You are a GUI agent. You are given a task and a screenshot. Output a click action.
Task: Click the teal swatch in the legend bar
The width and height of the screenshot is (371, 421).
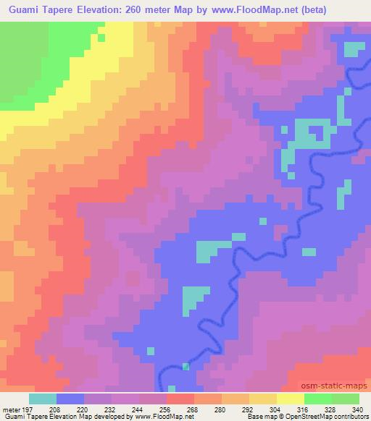(43, 399)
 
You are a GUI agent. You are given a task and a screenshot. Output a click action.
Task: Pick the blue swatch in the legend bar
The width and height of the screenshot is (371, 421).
(70, 399)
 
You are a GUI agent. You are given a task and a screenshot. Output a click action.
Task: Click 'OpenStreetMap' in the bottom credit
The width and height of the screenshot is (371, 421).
(309, 417)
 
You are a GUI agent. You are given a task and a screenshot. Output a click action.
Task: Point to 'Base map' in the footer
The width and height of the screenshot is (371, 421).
(259, 417)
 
